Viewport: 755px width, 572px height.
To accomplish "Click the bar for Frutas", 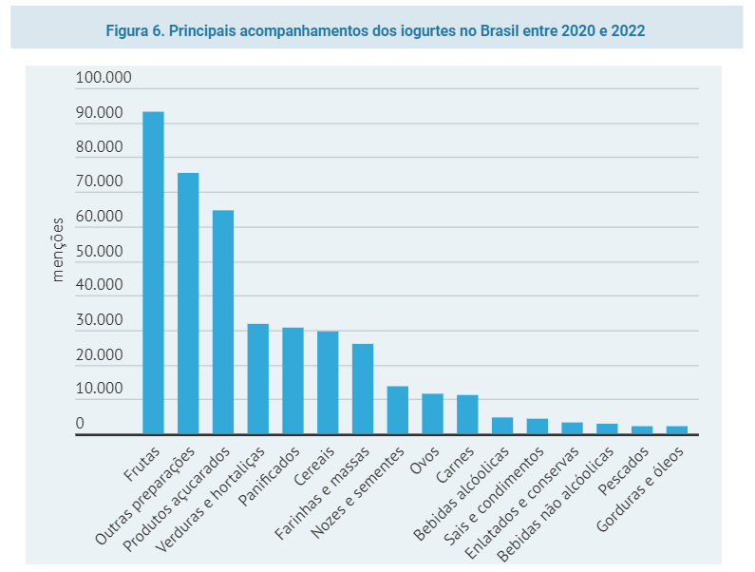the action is point(153,273).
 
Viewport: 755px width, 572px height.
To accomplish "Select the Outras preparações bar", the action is point(188,304).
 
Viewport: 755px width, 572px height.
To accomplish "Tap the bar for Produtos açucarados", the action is point(223,322).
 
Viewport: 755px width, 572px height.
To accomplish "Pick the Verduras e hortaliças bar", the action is point(258,379).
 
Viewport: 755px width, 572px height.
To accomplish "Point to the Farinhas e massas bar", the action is point(363,389).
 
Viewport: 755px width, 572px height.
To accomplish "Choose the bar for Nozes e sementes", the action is point(398,410).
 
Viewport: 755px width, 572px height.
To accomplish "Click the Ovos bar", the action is point(432,414).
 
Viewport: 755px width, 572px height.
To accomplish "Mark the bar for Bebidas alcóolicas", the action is point(502,426).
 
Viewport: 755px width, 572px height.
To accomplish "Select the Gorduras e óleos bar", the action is point(677,429).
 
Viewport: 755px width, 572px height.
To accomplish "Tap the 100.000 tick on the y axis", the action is point(104,77).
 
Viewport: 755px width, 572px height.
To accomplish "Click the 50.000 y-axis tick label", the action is point(99,251).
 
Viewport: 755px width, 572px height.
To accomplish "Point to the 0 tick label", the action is point(80,423).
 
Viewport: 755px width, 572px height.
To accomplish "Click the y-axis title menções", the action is point(58,250).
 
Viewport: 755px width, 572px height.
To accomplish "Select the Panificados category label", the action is point(269,477).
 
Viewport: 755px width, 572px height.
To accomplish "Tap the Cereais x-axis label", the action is point(314,467).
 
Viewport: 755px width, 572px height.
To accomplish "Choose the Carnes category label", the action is point(455,465).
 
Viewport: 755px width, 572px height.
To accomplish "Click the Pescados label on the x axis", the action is point(624,470).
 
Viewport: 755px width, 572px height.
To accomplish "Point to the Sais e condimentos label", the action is point(494,497).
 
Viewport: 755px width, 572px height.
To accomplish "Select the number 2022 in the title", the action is point(628,30).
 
